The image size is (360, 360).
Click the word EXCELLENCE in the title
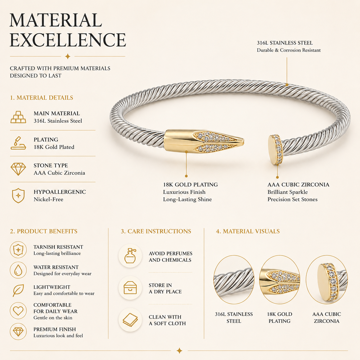68,40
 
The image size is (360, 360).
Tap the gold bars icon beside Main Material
18,117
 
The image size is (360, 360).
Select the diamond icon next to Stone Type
18,169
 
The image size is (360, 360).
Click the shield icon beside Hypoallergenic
18,196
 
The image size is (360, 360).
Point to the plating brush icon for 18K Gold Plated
18,143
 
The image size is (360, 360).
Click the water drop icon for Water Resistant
18,270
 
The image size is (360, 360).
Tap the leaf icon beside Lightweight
18,290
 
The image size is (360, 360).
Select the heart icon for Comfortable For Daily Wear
18,311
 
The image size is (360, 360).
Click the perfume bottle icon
130,256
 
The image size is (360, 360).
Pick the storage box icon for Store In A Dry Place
130,288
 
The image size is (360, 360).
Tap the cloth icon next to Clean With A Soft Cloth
130,320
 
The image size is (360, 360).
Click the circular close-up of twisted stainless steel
234,280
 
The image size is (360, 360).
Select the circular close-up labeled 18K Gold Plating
280,280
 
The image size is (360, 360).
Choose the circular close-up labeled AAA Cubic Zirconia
327,280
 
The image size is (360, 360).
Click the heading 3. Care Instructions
156,231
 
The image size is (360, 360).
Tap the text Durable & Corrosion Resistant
289,50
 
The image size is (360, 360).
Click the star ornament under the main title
68,56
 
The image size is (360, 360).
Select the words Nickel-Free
49,199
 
